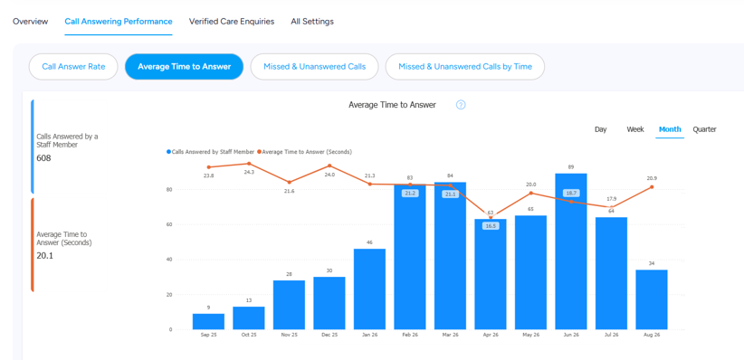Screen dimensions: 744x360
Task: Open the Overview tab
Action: (x=31, y=22)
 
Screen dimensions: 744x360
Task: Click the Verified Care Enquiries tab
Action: (x=232, y=22)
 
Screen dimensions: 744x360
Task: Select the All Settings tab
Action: (x=312, y=22)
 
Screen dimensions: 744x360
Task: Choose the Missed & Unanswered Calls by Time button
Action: (x=465, y=66)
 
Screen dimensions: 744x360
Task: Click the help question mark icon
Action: (x=461, y=105)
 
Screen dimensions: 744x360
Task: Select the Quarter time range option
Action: (x=704, y=129)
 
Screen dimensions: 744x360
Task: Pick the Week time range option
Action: (x=635, y=129)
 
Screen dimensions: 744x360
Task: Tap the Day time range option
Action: (x=601, y=129)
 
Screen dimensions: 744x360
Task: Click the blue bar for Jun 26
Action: (x=571, y=251)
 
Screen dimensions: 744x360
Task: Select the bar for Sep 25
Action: (x=208, y=322)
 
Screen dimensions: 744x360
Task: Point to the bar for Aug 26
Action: (x=652, y=299)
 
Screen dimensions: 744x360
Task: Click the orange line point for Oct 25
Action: (x=249, y=164)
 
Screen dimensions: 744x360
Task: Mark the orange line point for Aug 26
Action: (x=652, y=187)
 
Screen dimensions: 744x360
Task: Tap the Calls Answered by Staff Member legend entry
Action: (x=210, y=152)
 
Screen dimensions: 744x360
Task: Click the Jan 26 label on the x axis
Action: (x=369, y=335)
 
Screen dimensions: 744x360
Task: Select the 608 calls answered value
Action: (x=43, y=158)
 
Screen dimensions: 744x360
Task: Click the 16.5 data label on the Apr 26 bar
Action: (x=491, y=226)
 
